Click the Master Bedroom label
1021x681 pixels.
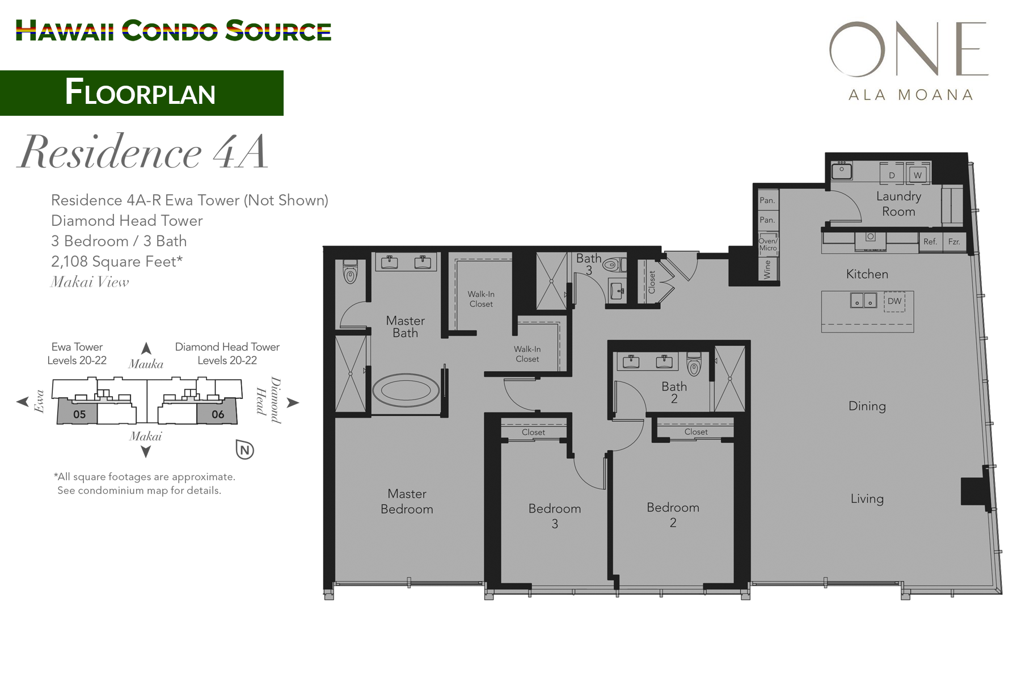[x=407, y=502]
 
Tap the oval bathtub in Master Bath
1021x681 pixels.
[x=405, y=390]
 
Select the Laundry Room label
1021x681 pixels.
[x=898, y=204]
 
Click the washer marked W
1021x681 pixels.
[x=917, y=175]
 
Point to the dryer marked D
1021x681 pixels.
[x=892, y=175]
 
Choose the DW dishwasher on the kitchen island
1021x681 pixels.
[x=895, y=301]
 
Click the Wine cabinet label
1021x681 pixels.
[x=767, y=269]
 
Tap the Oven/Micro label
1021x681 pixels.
[x=768, y=245]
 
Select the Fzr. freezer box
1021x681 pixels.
[x=954, y=242]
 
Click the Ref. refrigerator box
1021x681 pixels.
[x=930, y=242]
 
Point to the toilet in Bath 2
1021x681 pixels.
[x=694, y=365]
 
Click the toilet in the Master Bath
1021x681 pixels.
[x=351, y=274]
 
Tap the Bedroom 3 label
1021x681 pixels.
[x=555, y=516]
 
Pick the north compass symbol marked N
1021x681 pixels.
[x=244, y=451]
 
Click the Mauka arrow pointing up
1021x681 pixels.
[x=146, y=348]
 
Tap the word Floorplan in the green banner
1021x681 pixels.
[x=140, y=93]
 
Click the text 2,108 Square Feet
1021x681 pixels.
[x=116, y=262]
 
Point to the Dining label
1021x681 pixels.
[x=867, y=406]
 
